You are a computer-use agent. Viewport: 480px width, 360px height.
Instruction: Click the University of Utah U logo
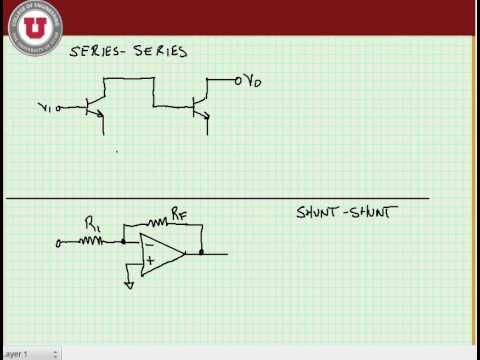[34, 21]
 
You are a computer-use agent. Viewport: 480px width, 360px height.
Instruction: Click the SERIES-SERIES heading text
[127, 51]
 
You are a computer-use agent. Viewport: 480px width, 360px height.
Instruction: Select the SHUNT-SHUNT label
[342, 213]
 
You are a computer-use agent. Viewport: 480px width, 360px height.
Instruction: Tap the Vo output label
[254, 80]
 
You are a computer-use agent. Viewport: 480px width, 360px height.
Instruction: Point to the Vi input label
[45, 106]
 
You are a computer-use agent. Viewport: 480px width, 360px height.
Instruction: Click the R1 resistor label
[92, 225]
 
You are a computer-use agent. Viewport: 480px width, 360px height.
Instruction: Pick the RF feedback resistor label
[177, 213]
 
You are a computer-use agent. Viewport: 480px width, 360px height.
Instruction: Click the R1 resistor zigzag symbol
[92, 241]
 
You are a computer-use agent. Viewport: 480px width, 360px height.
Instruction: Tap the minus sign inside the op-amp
[147, 243]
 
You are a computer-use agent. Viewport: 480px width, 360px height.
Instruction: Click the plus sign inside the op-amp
[148, 263]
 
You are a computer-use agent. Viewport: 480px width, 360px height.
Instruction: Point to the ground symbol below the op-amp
[128, 284]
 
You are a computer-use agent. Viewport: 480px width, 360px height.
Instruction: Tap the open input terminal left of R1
[59, 241]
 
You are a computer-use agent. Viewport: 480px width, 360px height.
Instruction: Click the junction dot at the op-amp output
[202, 253]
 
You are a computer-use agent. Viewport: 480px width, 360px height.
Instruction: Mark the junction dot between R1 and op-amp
[123, 241]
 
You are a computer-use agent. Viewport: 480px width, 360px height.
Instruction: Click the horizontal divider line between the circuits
[220, 198]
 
